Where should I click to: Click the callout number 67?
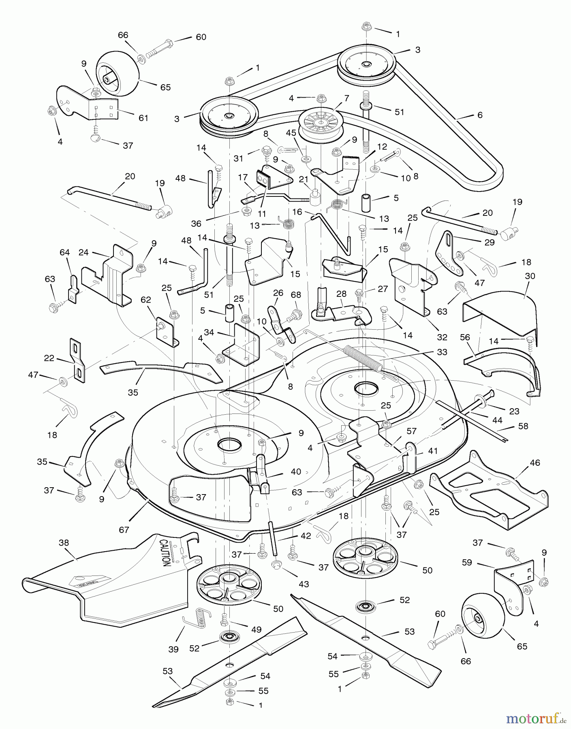(x=124, y=530)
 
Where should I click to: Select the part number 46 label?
(x=535, y=463)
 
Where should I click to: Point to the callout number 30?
(x=530, y=276)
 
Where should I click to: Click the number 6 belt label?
(x=480, y=115)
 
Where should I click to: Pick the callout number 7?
(x=346, y=98)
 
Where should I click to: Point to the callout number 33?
(x=442, y=352)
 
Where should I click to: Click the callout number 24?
(x=83, y=253)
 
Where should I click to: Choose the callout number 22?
(x=49, y=358)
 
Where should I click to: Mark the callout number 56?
(x=465, y=337)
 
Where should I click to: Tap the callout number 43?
(x=304, y=584)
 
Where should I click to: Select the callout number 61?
(x=143, y=118)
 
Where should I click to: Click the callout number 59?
(x=467, y=563)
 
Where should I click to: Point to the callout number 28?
(x=341, y=293)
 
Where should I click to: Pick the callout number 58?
(x=523, y=426)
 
